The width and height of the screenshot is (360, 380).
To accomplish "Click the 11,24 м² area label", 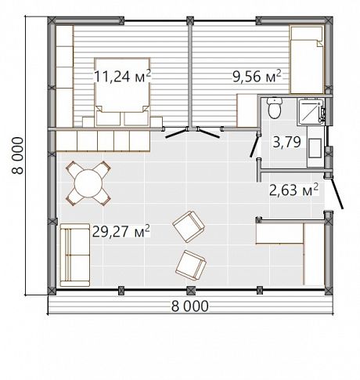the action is [x=122, y=76].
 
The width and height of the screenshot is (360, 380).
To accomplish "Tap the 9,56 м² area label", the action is [x=257, y=76].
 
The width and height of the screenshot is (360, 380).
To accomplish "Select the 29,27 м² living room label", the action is [x=121, y=231].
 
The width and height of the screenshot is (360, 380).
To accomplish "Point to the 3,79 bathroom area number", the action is [x=286, y=142].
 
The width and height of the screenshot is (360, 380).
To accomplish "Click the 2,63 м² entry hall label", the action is [x=293, y=190].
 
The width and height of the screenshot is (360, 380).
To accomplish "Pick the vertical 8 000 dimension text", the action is [x=18, y=156].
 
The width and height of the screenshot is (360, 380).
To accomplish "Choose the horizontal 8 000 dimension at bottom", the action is [x=190, y=306].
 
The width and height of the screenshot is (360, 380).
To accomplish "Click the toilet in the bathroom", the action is [x=275, y=108].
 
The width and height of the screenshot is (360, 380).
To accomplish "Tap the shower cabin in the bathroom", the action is [x=311, y=111].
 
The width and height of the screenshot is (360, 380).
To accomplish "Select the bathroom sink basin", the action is [x=315, y=148].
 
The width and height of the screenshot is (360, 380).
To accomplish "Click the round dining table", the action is [x=88, y=183].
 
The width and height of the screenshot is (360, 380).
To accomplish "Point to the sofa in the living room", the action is [x=75, y=255].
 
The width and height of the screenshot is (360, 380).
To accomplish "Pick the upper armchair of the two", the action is [x=189, y=226].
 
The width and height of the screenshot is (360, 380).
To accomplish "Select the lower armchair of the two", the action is [x=191, y=266].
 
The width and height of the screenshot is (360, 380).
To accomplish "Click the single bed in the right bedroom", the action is [x=307, y=60].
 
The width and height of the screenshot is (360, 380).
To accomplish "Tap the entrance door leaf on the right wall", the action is [x=337, y=194].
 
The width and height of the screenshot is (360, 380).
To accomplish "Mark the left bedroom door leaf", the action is [x=177, y=133].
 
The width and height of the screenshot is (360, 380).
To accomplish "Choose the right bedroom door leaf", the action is [x=208, y=132].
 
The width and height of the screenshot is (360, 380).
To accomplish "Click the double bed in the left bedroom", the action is [x=122, y=92].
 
